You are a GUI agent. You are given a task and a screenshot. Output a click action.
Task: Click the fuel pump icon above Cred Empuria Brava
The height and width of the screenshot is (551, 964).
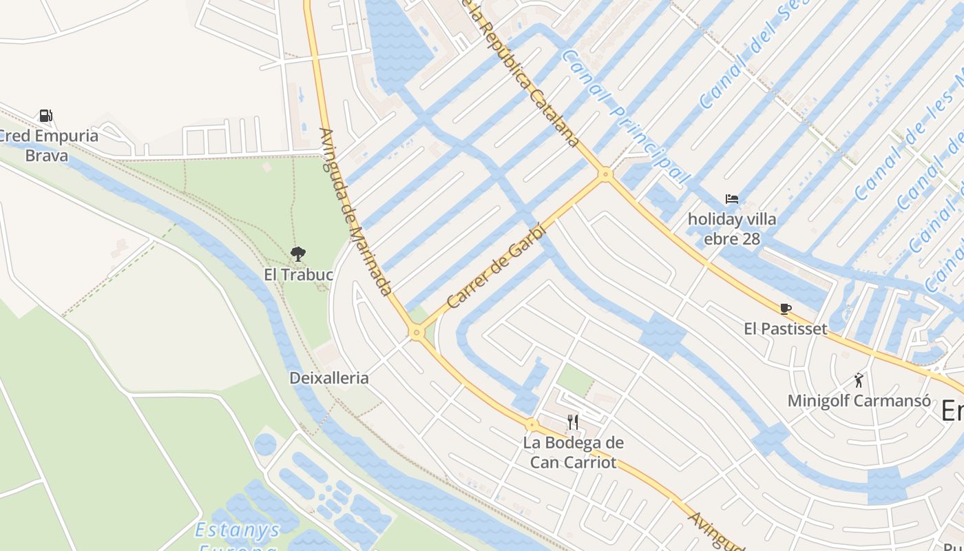45,116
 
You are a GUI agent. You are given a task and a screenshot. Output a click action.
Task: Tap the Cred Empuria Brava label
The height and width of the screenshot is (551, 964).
48,145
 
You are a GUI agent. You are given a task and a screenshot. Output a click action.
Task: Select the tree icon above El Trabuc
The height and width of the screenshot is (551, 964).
298,255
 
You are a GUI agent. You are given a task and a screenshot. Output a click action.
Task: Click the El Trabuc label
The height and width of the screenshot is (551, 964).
298,275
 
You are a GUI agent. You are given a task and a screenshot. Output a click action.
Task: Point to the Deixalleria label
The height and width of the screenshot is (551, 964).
329,378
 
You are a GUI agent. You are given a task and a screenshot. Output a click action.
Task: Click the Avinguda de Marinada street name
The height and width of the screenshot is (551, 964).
356,212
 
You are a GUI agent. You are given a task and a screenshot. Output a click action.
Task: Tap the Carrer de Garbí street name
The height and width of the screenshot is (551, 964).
496,267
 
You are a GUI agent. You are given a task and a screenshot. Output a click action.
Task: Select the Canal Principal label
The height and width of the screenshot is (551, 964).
625,116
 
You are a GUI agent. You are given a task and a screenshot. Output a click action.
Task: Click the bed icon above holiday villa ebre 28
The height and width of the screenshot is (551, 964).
732,200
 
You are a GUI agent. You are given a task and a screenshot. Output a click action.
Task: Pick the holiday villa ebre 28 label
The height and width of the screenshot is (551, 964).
732,229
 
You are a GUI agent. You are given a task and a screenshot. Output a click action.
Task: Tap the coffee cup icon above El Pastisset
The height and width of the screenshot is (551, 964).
785,309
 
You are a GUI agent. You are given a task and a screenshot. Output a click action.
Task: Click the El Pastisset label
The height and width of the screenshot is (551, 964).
785,329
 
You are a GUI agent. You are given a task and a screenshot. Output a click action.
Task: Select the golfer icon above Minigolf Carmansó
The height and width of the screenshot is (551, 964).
859,380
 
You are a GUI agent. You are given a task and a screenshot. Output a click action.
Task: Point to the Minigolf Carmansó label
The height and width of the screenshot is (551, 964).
859,400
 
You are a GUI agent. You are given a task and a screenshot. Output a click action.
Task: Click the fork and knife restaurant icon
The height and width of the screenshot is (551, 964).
573,422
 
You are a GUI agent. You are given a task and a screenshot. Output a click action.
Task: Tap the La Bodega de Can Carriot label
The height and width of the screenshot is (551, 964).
573,453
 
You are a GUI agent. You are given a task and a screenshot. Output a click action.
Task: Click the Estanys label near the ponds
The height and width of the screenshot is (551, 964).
238,530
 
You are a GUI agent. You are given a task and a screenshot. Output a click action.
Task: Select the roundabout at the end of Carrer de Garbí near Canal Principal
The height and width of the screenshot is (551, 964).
605,174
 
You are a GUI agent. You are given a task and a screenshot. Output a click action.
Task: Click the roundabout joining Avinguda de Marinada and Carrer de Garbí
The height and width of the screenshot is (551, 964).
416,333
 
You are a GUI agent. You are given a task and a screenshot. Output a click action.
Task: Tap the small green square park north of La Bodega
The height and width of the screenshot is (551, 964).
574,380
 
